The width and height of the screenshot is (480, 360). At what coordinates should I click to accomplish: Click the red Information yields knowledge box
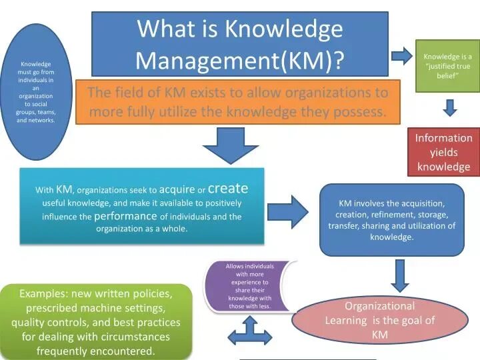(x=443, y=152)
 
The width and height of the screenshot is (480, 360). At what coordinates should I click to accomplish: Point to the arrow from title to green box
(x=402, y=55)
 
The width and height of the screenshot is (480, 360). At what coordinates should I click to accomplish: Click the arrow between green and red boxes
(x=451, y=107)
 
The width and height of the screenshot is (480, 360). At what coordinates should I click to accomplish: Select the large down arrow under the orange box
(x=230, y=145)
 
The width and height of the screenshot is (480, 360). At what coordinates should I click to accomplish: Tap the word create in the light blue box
(x=227, y=189)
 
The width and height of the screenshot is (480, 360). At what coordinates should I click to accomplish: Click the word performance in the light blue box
(x=125, y=216)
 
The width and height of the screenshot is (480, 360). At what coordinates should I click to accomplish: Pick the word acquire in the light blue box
(x=177, y=189)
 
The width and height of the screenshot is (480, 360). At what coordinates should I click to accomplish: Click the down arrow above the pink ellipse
(x=399, y=275)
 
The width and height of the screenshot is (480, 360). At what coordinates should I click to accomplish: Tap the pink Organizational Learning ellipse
(x=379, y=320)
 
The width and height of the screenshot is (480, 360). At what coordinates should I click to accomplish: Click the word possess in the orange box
(x=363, y=112)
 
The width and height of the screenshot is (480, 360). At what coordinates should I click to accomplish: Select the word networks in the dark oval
(x=41, y=121)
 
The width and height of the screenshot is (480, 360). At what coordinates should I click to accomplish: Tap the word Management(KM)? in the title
(x=240, y=61)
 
